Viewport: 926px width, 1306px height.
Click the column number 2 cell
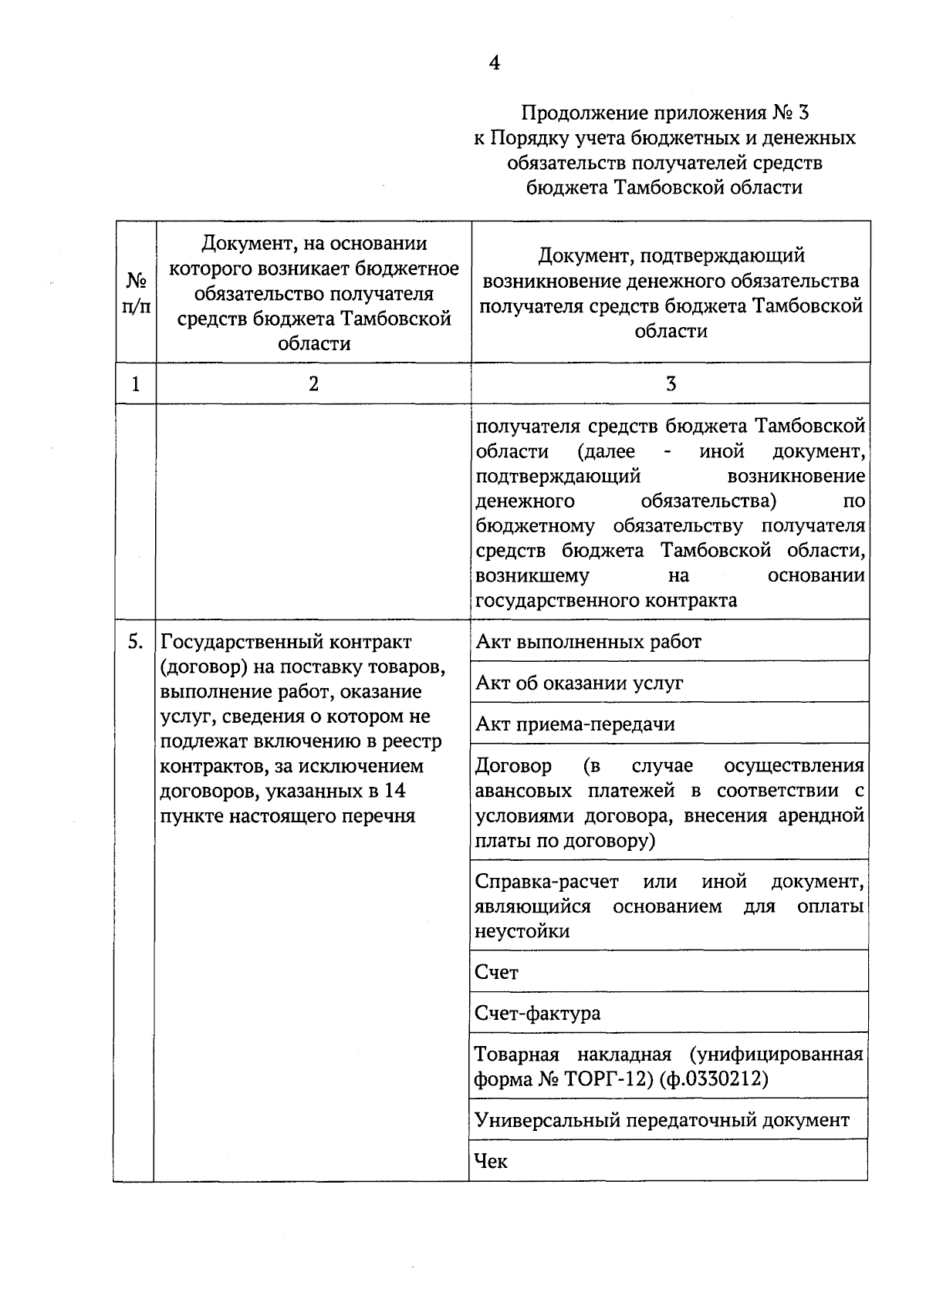coord(313,383)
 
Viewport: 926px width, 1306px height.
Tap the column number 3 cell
coord(671,383)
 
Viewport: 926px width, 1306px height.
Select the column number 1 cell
coord(136,383)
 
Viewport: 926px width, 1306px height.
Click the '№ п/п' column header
coord(136,292)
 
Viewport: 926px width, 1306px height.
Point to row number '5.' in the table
coord(135,642)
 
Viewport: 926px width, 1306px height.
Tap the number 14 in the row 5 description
coord(394,791)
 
